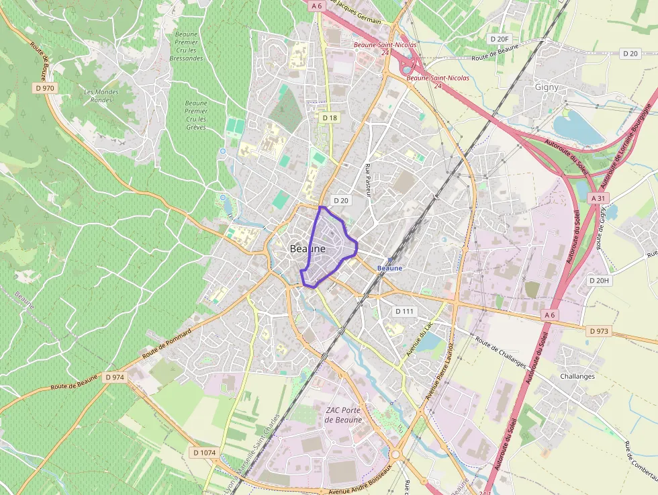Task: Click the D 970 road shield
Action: click(x=44, y=88)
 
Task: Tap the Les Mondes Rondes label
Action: click(x=101, y=95)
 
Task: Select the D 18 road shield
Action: click(x=330, y=118)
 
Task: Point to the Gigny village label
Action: click(x=547, y=87)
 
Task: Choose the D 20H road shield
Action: click(x=599, y=280)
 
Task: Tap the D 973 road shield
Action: click(x=598, y=331)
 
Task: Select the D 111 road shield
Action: click(x=406, y=311)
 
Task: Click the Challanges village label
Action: click(x=577, y=376)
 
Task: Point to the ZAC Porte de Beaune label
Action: click(x=343, y=415)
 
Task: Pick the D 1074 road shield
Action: click(x=204, y=453)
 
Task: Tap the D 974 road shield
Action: click(x=115, y=377)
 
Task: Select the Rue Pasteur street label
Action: click(x=368, y=179)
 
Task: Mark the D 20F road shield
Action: click(x=501, y=40)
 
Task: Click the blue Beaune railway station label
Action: click(x=390, y=268)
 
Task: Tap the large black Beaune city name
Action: click(x=308, y=249)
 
